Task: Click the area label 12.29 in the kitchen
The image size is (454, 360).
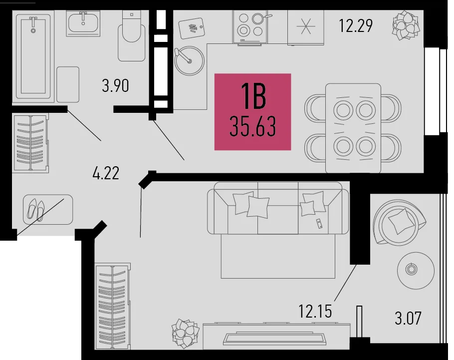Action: coord(356,25)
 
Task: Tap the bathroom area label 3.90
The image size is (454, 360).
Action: coord(115,86)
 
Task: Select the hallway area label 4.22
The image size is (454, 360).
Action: coord(106,173)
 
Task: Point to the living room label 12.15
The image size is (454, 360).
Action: coord(315,312)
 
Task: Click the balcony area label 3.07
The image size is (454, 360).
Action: coord(408,318)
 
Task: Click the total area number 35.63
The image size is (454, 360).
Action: coord(252,126)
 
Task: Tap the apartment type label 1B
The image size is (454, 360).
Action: coord(253,96)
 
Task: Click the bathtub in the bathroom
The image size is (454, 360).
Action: coord(33,56)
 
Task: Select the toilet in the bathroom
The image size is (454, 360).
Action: coord(131,36)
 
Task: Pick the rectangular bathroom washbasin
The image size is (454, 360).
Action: coord(83,23)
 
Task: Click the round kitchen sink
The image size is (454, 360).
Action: coord(190,61)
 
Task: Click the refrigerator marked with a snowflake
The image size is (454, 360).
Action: coord(306,27)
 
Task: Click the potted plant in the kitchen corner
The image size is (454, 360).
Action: coord(406,25)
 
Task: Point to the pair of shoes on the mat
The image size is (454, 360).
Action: coord(36,210)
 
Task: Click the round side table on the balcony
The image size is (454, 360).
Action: coord(416,270)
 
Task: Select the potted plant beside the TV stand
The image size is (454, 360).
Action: coord(185,334)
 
